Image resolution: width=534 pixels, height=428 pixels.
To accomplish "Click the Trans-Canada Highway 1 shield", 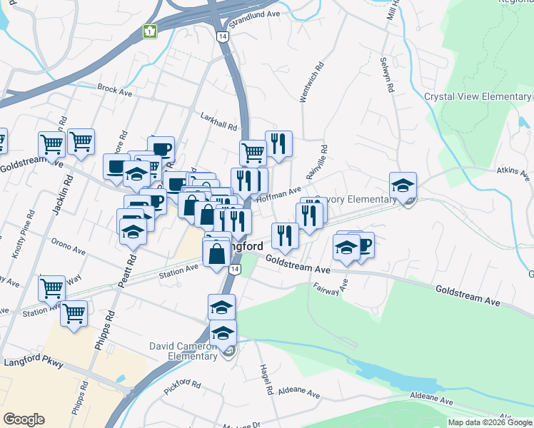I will point(149,32).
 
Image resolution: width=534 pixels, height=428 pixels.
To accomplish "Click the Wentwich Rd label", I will point(312,82).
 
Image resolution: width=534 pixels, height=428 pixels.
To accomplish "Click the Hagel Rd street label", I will point(266,378).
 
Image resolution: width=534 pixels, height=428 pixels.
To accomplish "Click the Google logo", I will point(24,419).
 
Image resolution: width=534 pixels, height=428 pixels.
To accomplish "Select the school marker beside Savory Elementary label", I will point(403,184).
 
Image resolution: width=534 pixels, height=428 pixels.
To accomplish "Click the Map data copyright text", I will point(490,422).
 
